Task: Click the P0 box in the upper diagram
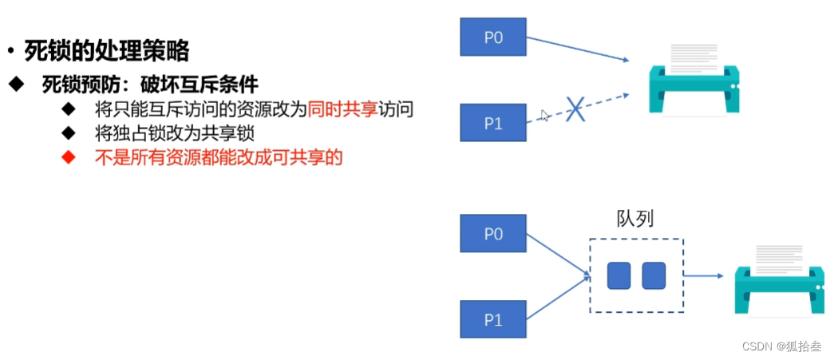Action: pos(493,37)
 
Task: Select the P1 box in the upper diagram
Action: pos(493,122)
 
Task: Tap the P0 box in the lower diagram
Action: pos(493,234)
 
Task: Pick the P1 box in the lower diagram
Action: pos(493,319)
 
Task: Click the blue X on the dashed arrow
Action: pos(575,109)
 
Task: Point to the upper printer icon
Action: pos(692,77)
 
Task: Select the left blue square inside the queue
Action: pos(619,275)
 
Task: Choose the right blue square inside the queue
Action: pos(654,275)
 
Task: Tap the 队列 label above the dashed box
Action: pos(635,219)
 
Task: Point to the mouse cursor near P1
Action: pos(544,116)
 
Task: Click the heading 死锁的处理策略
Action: pos(106,52)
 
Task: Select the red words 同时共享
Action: pos(342,109)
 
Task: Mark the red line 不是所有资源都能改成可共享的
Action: pos(218,157)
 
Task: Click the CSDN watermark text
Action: pos(781,346)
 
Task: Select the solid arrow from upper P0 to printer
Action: pos(576,49)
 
